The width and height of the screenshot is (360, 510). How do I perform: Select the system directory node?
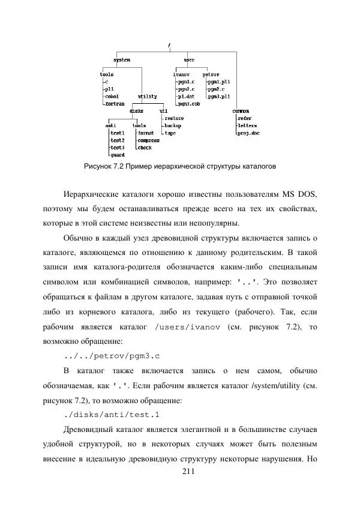[x=122, y=60]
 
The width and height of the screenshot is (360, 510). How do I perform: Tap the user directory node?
[x=189, y=60]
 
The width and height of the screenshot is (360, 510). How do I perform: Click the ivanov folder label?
[x=181, y=74]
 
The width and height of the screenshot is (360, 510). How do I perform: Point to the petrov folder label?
[x=211, y=74]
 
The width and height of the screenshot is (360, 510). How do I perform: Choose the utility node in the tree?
[x=148, y=96]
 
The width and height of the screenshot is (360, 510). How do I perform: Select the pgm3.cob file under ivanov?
[x=188, y=103]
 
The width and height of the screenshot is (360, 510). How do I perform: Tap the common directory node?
[x=241, y=111]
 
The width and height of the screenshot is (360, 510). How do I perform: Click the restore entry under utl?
[x=173, y=118]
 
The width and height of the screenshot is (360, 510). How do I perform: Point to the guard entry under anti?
[x=117, y=154]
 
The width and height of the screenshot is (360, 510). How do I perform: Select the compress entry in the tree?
[x=148, y=140]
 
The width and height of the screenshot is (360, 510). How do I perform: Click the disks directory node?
[x=137, y=111]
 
